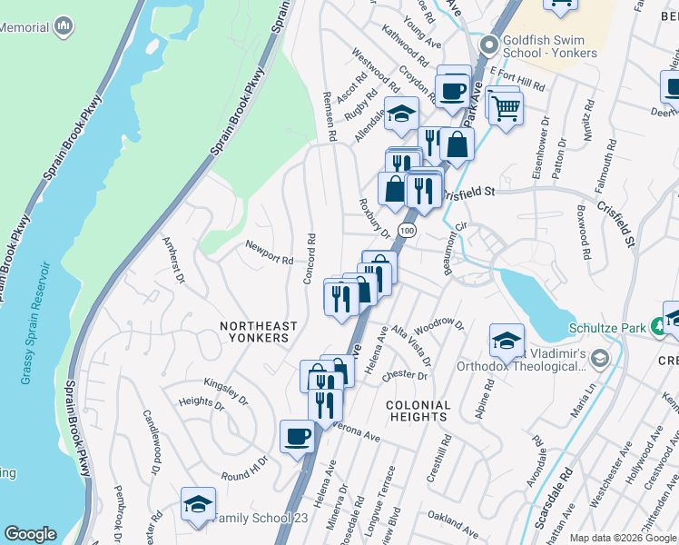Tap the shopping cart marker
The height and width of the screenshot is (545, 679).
(506, 108)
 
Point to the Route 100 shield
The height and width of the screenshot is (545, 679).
(408, 232)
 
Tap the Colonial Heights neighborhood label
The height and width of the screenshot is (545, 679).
(418, 411)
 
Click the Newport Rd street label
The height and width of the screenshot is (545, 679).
(269, 253)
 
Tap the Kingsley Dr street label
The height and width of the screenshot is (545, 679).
(226, 390)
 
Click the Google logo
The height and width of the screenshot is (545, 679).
(30, 534)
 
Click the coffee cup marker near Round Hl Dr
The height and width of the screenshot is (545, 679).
(297, 437)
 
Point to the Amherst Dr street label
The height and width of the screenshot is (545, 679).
(172, 259)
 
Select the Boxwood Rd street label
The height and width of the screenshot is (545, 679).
(584, 236)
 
